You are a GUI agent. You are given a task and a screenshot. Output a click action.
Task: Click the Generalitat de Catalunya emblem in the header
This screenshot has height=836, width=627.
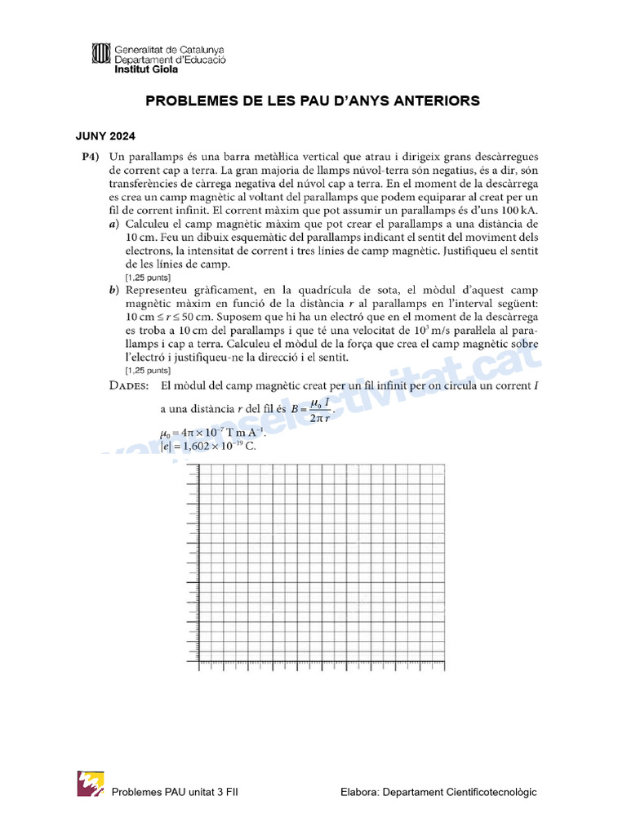click(x=102, y=55)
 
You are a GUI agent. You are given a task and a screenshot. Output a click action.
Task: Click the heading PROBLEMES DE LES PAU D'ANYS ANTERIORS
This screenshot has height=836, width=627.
click(x=313, y=101)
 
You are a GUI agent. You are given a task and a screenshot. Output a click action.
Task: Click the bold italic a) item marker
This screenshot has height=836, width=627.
click(x=114, y=223)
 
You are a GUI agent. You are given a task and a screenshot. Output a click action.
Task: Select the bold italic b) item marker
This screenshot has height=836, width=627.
click(x=114, y=290)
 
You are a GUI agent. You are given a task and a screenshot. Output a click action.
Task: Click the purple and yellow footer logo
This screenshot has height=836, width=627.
click(x=91, y=784)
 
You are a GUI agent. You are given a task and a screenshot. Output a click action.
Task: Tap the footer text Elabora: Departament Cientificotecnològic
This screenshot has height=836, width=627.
click(x=438, y=792)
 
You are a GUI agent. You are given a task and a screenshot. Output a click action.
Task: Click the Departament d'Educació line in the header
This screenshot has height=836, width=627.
click(x=170, y=60)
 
